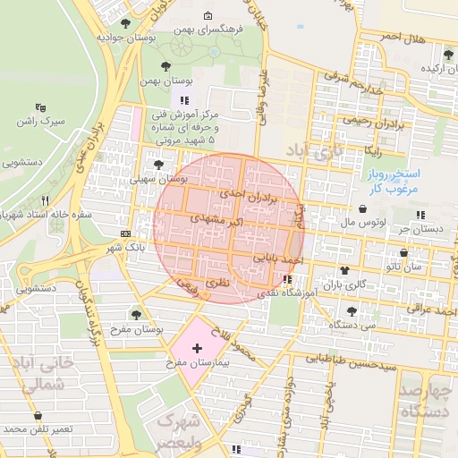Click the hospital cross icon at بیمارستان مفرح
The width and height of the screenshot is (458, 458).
197,347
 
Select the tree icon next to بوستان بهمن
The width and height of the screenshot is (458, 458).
165,66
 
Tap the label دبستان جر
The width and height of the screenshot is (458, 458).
422,229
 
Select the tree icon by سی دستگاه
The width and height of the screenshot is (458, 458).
351,311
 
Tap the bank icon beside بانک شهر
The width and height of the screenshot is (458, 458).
124,232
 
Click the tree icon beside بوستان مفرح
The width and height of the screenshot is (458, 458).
136,314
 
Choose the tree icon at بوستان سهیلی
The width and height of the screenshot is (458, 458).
159,165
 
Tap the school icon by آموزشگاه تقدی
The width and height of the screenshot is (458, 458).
286,279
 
